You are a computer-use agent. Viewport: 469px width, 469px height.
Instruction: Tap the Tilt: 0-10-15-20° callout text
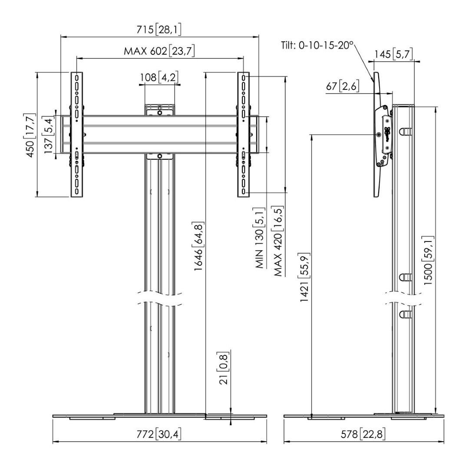point(317,46)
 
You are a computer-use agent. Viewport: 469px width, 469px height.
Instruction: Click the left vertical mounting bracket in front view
point(77,134)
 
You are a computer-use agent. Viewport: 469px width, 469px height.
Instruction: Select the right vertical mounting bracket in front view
point(243,134)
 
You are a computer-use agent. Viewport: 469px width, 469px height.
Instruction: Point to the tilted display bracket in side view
point(377,135)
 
